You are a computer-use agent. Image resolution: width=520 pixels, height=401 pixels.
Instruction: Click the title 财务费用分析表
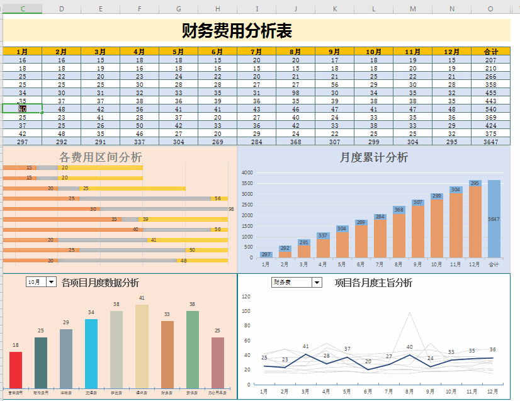237,30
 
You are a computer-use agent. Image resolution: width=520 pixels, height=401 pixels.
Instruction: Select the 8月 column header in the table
296,52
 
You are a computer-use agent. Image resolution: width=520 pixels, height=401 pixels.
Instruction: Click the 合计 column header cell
490,52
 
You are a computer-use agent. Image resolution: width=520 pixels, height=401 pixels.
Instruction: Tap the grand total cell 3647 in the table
490,142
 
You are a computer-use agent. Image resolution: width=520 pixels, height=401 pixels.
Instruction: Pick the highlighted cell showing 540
490,109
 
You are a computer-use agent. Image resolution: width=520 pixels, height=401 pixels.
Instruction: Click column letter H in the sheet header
217,9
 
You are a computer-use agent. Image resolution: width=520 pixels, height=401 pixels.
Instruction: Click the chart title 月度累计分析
373,157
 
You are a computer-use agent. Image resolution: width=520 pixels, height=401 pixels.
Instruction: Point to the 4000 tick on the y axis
247,172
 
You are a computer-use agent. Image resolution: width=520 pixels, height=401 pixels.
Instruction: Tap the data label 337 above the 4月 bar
323,235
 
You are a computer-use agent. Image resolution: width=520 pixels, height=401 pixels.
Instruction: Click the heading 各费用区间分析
100,157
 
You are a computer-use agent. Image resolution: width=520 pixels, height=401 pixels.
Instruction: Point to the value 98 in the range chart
231,209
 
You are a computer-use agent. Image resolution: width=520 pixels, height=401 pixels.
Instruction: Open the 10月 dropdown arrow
52,282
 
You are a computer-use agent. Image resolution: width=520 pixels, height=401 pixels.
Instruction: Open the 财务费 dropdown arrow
317,283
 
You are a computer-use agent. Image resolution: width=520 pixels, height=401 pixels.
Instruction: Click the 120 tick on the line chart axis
246,297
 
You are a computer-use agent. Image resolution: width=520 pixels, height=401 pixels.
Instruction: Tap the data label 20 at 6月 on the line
368,361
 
